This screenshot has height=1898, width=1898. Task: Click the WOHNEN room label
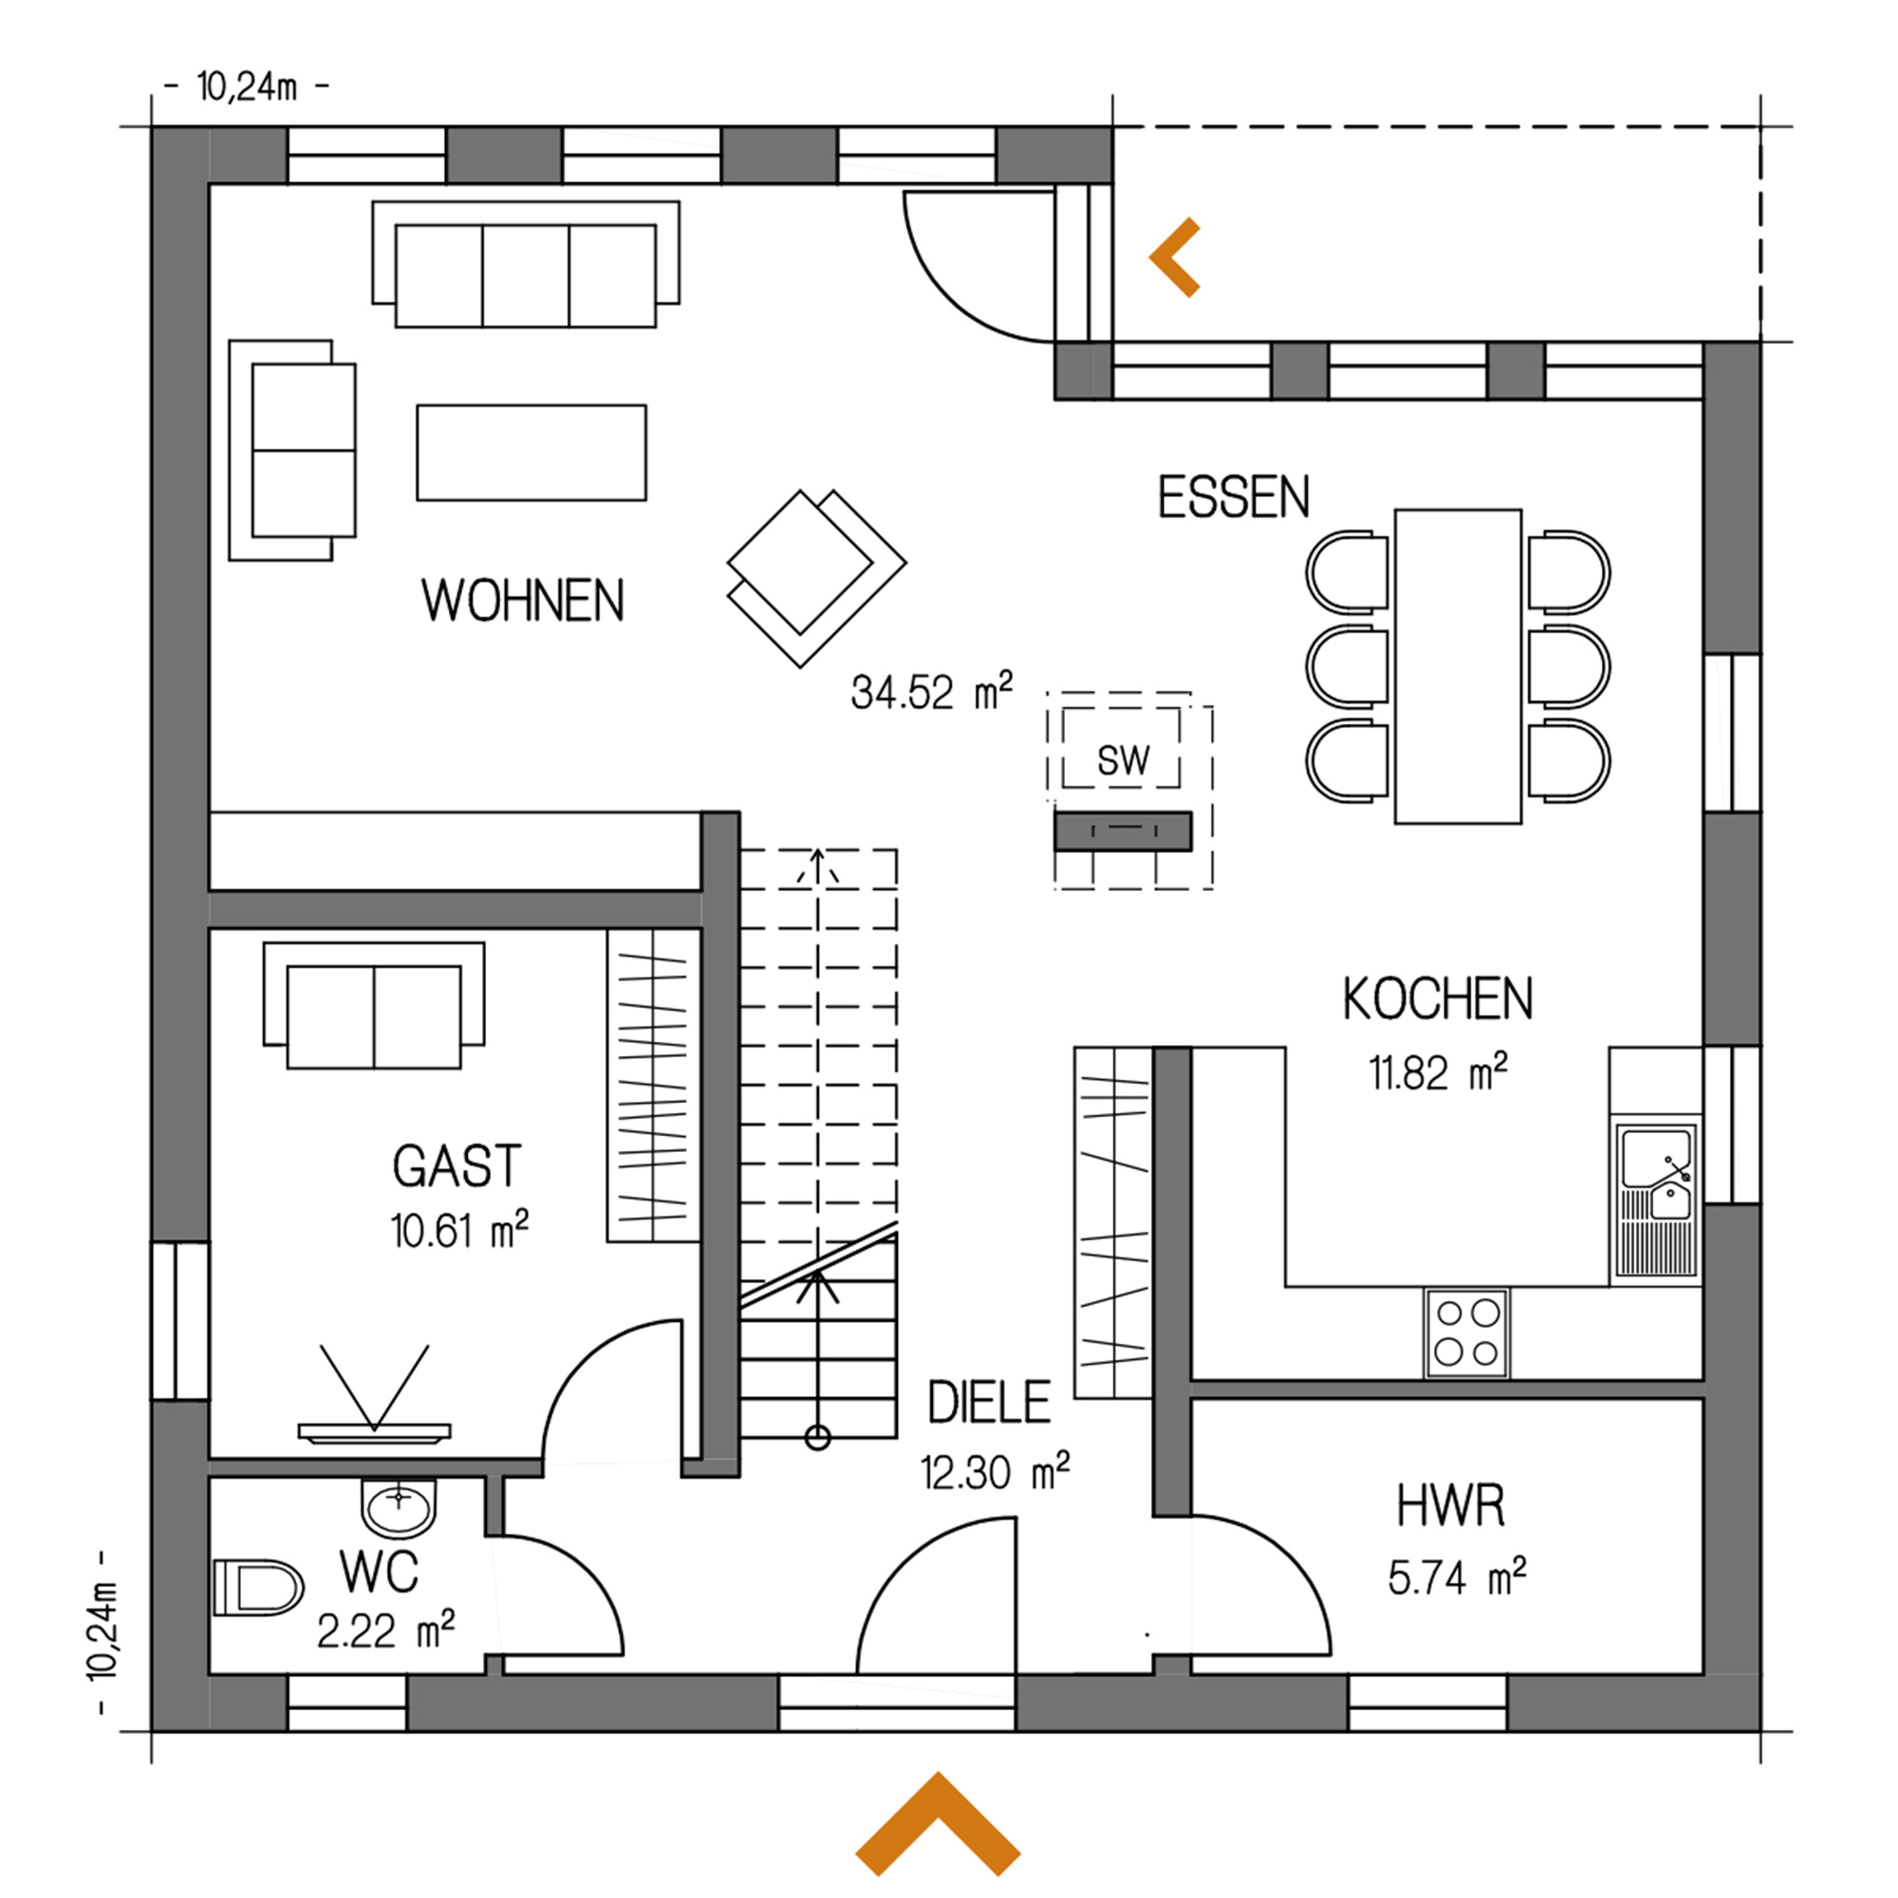tap(523, 601)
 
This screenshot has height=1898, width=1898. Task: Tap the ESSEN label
tap(1234, 497)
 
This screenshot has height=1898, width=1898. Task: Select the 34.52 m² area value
tap(931, 692)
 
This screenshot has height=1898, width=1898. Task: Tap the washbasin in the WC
tap(399, 1506)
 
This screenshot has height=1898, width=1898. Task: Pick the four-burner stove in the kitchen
tap(1467, 1332)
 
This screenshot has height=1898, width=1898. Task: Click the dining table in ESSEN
tap(1458, 665)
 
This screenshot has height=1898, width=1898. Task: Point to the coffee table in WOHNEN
tap(531, 452)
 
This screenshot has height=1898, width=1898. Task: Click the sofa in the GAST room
tap(374, 1005)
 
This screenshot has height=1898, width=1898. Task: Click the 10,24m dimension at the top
tap(247, 87)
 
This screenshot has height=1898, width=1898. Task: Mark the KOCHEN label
tap(1437, 999)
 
